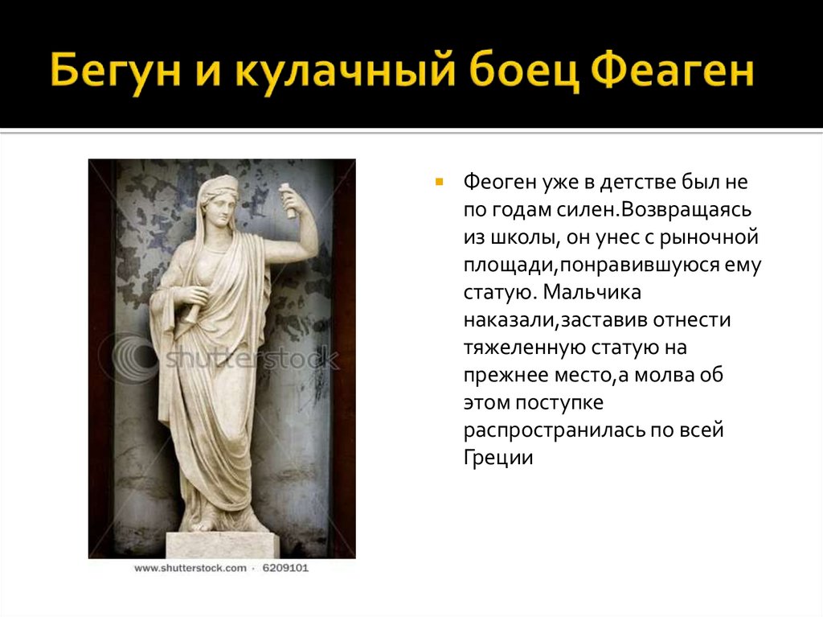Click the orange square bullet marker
[x=439, y=181]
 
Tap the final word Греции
[x=498, y=458]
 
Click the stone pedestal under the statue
[x=222, y=545]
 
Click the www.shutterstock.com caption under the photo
[x=190, y=568]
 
